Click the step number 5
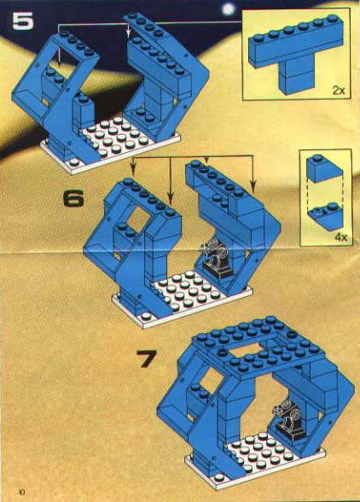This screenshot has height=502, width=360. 23,21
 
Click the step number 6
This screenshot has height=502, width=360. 73,198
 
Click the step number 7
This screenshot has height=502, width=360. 147,359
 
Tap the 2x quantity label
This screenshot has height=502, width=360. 339,90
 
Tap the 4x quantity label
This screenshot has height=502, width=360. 341,237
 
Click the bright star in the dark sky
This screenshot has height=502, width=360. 228,9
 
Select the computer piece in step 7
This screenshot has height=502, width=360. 288,418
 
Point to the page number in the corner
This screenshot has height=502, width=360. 22,491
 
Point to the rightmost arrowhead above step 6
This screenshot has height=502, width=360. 253,185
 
